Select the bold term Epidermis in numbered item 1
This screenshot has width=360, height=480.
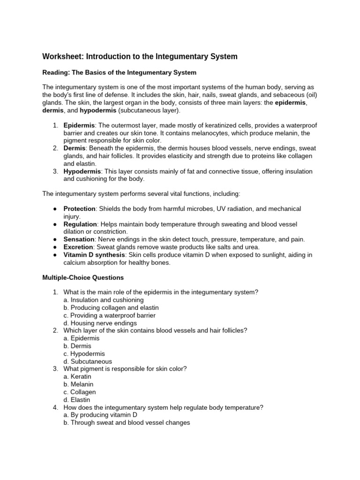[79, 125]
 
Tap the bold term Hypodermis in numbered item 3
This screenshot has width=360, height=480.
[82, 172]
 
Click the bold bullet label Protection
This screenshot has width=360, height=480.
[80, 209]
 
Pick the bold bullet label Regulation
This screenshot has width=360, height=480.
[80, 224]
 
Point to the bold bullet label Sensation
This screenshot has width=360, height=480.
[79, 240]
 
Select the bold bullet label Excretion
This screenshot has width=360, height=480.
[79, 247]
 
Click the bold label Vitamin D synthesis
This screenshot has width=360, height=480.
[93, 255]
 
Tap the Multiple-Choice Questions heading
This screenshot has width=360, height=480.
[83, 278]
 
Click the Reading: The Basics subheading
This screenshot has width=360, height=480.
[120, 73]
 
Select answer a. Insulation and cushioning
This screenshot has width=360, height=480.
[104, 300]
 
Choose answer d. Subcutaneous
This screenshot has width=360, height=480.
[88, 361]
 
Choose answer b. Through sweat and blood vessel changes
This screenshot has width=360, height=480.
[127, 423]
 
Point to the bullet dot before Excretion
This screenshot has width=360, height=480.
[55, 247]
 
